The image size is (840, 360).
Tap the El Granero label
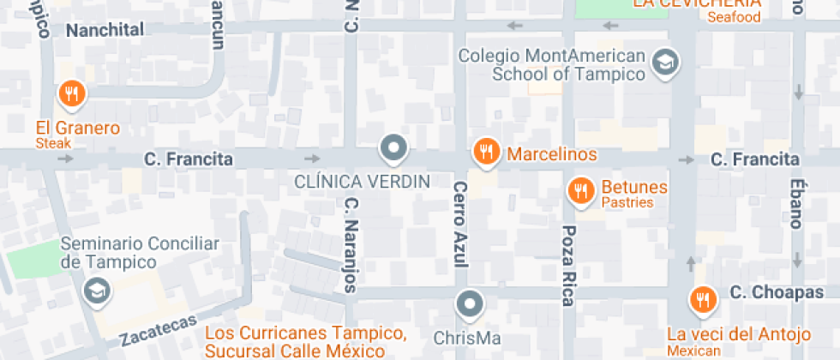point(77,129)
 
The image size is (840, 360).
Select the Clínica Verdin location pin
point(394,148)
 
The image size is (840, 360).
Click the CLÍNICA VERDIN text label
point(362,182)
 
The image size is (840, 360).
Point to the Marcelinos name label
point(552,156)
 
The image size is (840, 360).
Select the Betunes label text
point(634,187)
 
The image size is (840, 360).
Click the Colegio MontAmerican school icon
point(665,62)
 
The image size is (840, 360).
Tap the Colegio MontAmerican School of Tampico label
point(552,65)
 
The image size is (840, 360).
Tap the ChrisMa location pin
point(469,303)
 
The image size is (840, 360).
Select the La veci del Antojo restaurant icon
point(702,299)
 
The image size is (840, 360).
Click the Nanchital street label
point(105,29)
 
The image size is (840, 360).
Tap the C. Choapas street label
point(777,293)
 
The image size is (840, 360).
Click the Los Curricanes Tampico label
point(306,333)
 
